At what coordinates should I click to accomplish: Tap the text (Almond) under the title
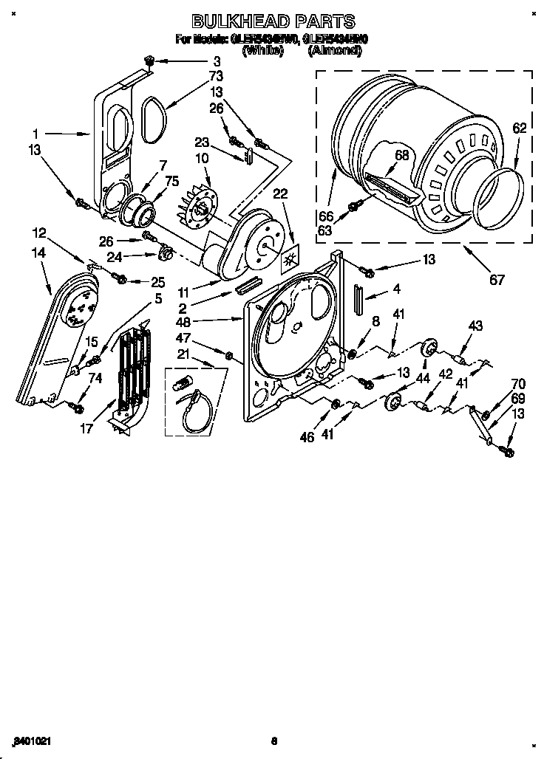(x=335, y=51)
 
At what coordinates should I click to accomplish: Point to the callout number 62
(x=520, y=127)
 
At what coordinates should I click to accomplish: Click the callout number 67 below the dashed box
(x=497, y=279)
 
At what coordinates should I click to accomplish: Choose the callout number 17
(x=86, y=428)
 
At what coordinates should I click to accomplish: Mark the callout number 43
(x=475, y=326)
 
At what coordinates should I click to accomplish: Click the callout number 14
(x=38, y=253)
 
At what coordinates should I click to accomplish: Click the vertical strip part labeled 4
(x=358, y=300)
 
